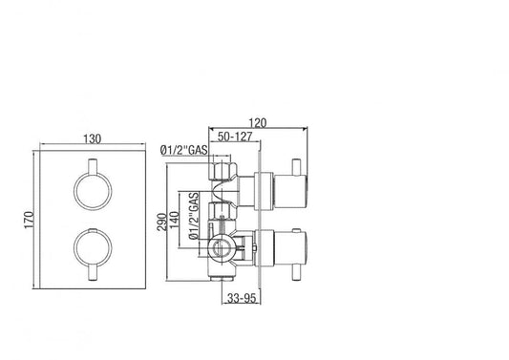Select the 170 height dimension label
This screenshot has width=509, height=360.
pyautogui.click(x=30, y=222)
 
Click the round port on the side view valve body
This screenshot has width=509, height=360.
pyautogui.click(x=219, y=252)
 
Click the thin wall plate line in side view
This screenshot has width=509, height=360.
pyautogui.click(x=253, y=220)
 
